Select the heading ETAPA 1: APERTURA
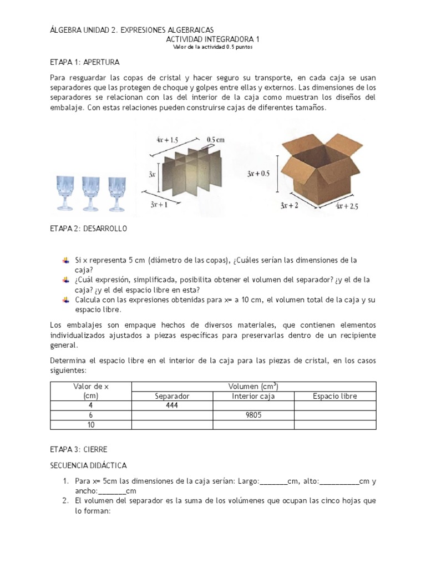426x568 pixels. click(85, 62)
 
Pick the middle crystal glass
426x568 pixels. click(92, 193)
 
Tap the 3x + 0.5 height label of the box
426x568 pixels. click(258, 173)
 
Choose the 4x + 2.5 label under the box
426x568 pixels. click(348, 206)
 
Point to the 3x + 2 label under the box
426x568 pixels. click(290, 205)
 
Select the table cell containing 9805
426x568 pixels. click(253, 415)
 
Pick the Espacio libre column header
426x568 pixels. click(335, 396)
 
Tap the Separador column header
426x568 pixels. click(173, 396)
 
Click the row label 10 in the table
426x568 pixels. click(90, 424)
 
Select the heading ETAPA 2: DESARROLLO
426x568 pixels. click(89, 229)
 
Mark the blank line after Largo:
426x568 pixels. click(273, 481)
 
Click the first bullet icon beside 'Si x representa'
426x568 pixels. click(67, 260)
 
